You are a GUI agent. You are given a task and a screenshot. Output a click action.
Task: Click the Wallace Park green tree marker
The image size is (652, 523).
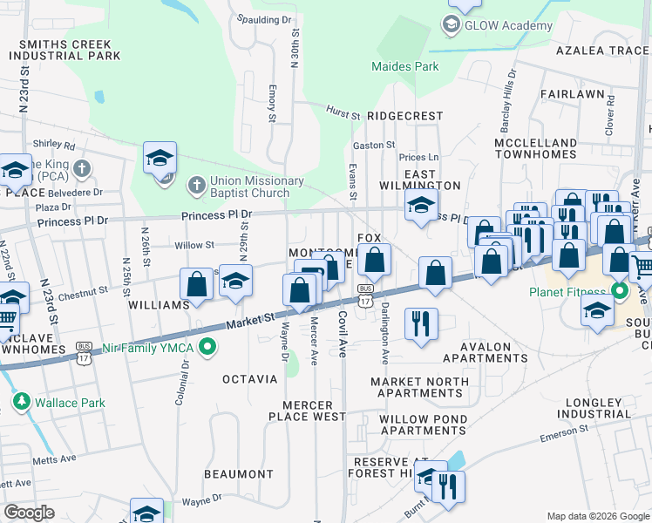point(20,402)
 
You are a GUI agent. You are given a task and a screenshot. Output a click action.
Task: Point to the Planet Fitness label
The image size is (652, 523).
point(568,291)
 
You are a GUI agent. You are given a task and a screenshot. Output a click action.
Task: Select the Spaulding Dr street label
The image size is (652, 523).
point(263,18)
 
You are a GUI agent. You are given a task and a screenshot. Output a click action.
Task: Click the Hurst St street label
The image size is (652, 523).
point(343,113)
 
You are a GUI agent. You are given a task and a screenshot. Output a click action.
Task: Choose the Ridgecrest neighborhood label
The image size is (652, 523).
point(404,115)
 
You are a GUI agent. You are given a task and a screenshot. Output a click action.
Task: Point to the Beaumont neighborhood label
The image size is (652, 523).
point(239,474)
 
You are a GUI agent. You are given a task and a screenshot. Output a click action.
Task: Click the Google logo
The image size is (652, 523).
point(30,512)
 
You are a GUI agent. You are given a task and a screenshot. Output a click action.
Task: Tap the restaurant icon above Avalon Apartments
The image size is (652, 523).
point(421,323)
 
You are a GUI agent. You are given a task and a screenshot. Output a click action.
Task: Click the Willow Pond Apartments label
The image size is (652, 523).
point(423,425)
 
